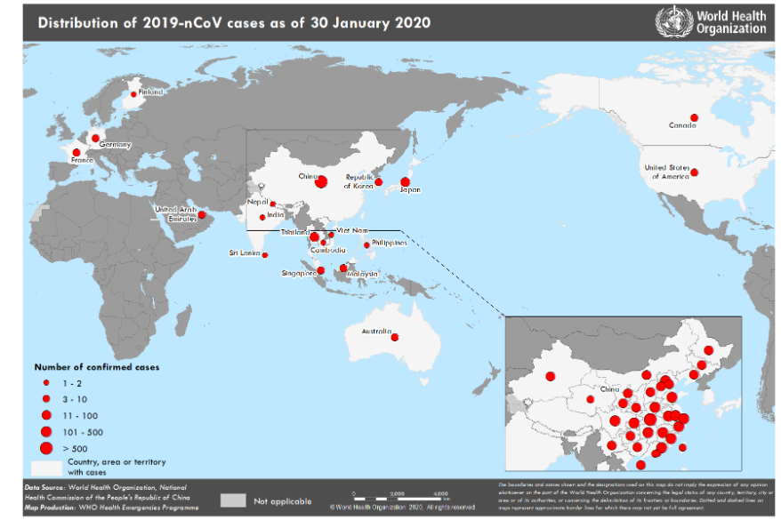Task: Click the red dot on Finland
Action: click(134, 93)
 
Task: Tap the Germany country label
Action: click(115, 145)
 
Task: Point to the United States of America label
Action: click(667, 172)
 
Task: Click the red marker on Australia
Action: click(395, 336)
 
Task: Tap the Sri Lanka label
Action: click(245, 254)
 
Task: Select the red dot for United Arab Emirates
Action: click(202, 214)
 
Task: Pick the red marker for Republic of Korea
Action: click(378, 182)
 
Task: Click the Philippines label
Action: click(390, 242)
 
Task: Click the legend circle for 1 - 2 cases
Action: click(45, 381)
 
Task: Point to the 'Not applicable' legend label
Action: click(281, 500)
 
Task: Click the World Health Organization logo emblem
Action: click(672, 21)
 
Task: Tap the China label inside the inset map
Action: click(609, 389)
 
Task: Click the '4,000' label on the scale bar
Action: click(440, 492)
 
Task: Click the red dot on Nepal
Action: click(273, 204)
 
